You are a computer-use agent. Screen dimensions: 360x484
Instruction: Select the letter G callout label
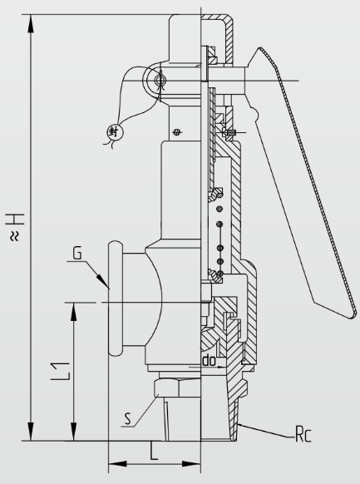[x=77, y=253]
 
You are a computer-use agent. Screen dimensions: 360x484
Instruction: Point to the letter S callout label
[x=128, y=418]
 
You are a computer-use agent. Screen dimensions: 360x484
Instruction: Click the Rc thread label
[x=303, y=434]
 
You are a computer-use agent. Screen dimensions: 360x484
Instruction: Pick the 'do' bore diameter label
[x=210, y=361]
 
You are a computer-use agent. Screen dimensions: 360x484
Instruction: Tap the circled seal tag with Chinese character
[x=114, y=132]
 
